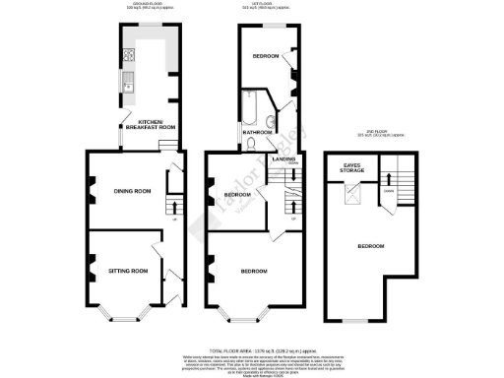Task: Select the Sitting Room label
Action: coord(128,270)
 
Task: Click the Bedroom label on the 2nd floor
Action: coord(370,245)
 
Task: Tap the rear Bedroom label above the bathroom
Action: coord(265,57)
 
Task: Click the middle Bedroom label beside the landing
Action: coord(237,195)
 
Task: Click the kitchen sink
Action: coord(127,89)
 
